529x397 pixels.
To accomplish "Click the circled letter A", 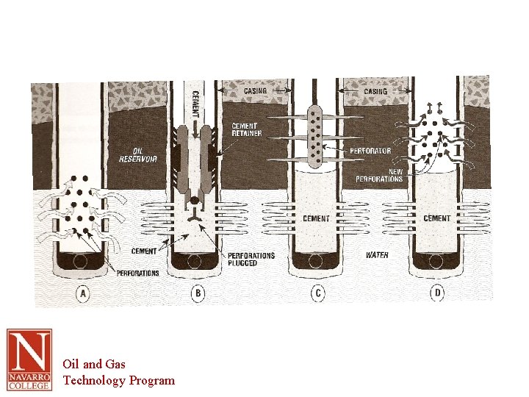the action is (x=82, y=293).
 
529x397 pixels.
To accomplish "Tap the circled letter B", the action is (x=198, y=293).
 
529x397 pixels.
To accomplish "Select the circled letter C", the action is (x=317, y=293).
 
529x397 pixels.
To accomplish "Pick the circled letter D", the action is (x=437, y=293).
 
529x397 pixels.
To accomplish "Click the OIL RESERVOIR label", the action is (x=138, y=155).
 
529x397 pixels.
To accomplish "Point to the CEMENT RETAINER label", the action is (x=247, y=130).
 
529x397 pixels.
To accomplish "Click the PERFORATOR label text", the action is (x=370, y=151).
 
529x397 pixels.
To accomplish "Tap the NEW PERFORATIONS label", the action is (x=379, y=175).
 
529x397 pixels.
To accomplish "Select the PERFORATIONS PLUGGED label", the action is (x=251, y=259).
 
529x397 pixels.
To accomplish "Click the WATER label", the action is (x=377, y=255).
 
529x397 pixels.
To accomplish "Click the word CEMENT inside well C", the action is (x=316, y=219).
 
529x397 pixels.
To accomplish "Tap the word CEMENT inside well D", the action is (x=436, y=218).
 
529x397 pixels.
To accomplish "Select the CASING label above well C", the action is (x=255, y=90).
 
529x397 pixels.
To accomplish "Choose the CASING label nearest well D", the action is (x=375, y=91).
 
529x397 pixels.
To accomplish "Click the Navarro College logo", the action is (x=29, y=360).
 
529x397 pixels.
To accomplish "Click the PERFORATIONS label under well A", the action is (x=137, y=273).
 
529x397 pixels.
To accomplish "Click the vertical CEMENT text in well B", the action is (x=195, y=103).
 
